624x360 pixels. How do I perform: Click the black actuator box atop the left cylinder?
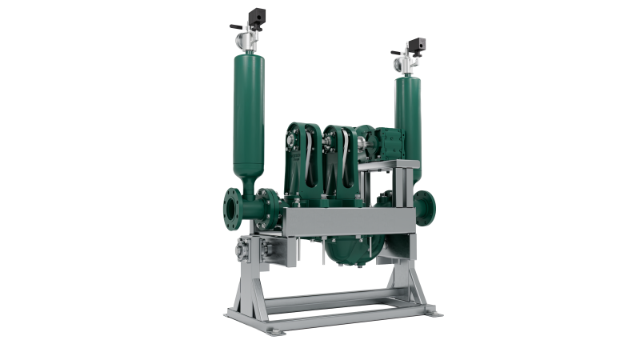[x=258, y=15]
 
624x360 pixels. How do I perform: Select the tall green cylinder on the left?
[x=250, y=112]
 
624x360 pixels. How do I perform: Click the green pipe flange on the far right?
[x=429, y=207]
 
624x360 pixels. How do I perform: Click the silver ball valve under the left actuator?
[x=251, y=38]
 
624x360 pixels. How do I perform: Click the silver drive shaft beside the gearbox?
[x=365, y=148]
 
